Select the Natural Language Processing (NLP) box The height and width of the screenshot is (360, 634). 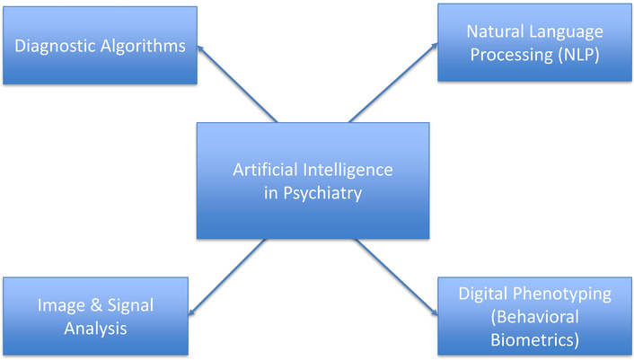534,43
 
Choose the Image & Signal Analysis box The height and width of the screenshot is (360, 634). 96,317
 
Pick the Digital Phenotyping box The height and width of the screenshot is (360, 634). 534,317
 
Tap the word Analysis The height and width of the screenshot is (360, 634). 96,329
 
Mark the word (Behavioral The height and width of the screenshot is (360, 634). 534,317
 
